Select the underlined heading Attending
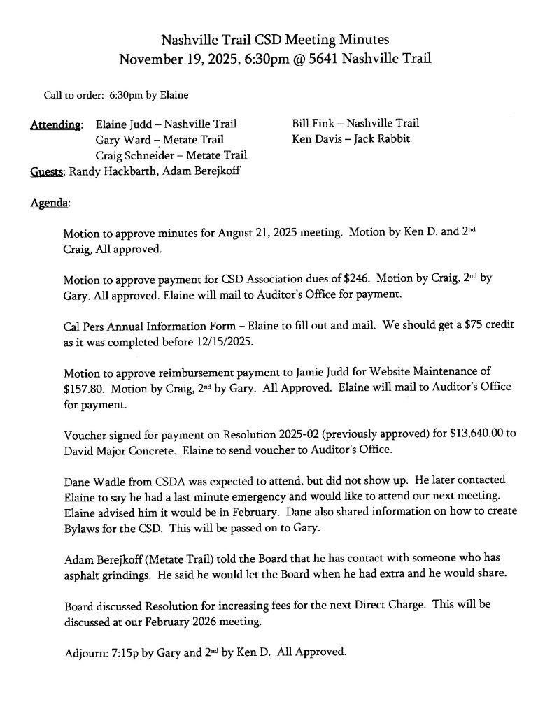click(55, 125)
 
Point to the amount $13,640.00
click(471, 434)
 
